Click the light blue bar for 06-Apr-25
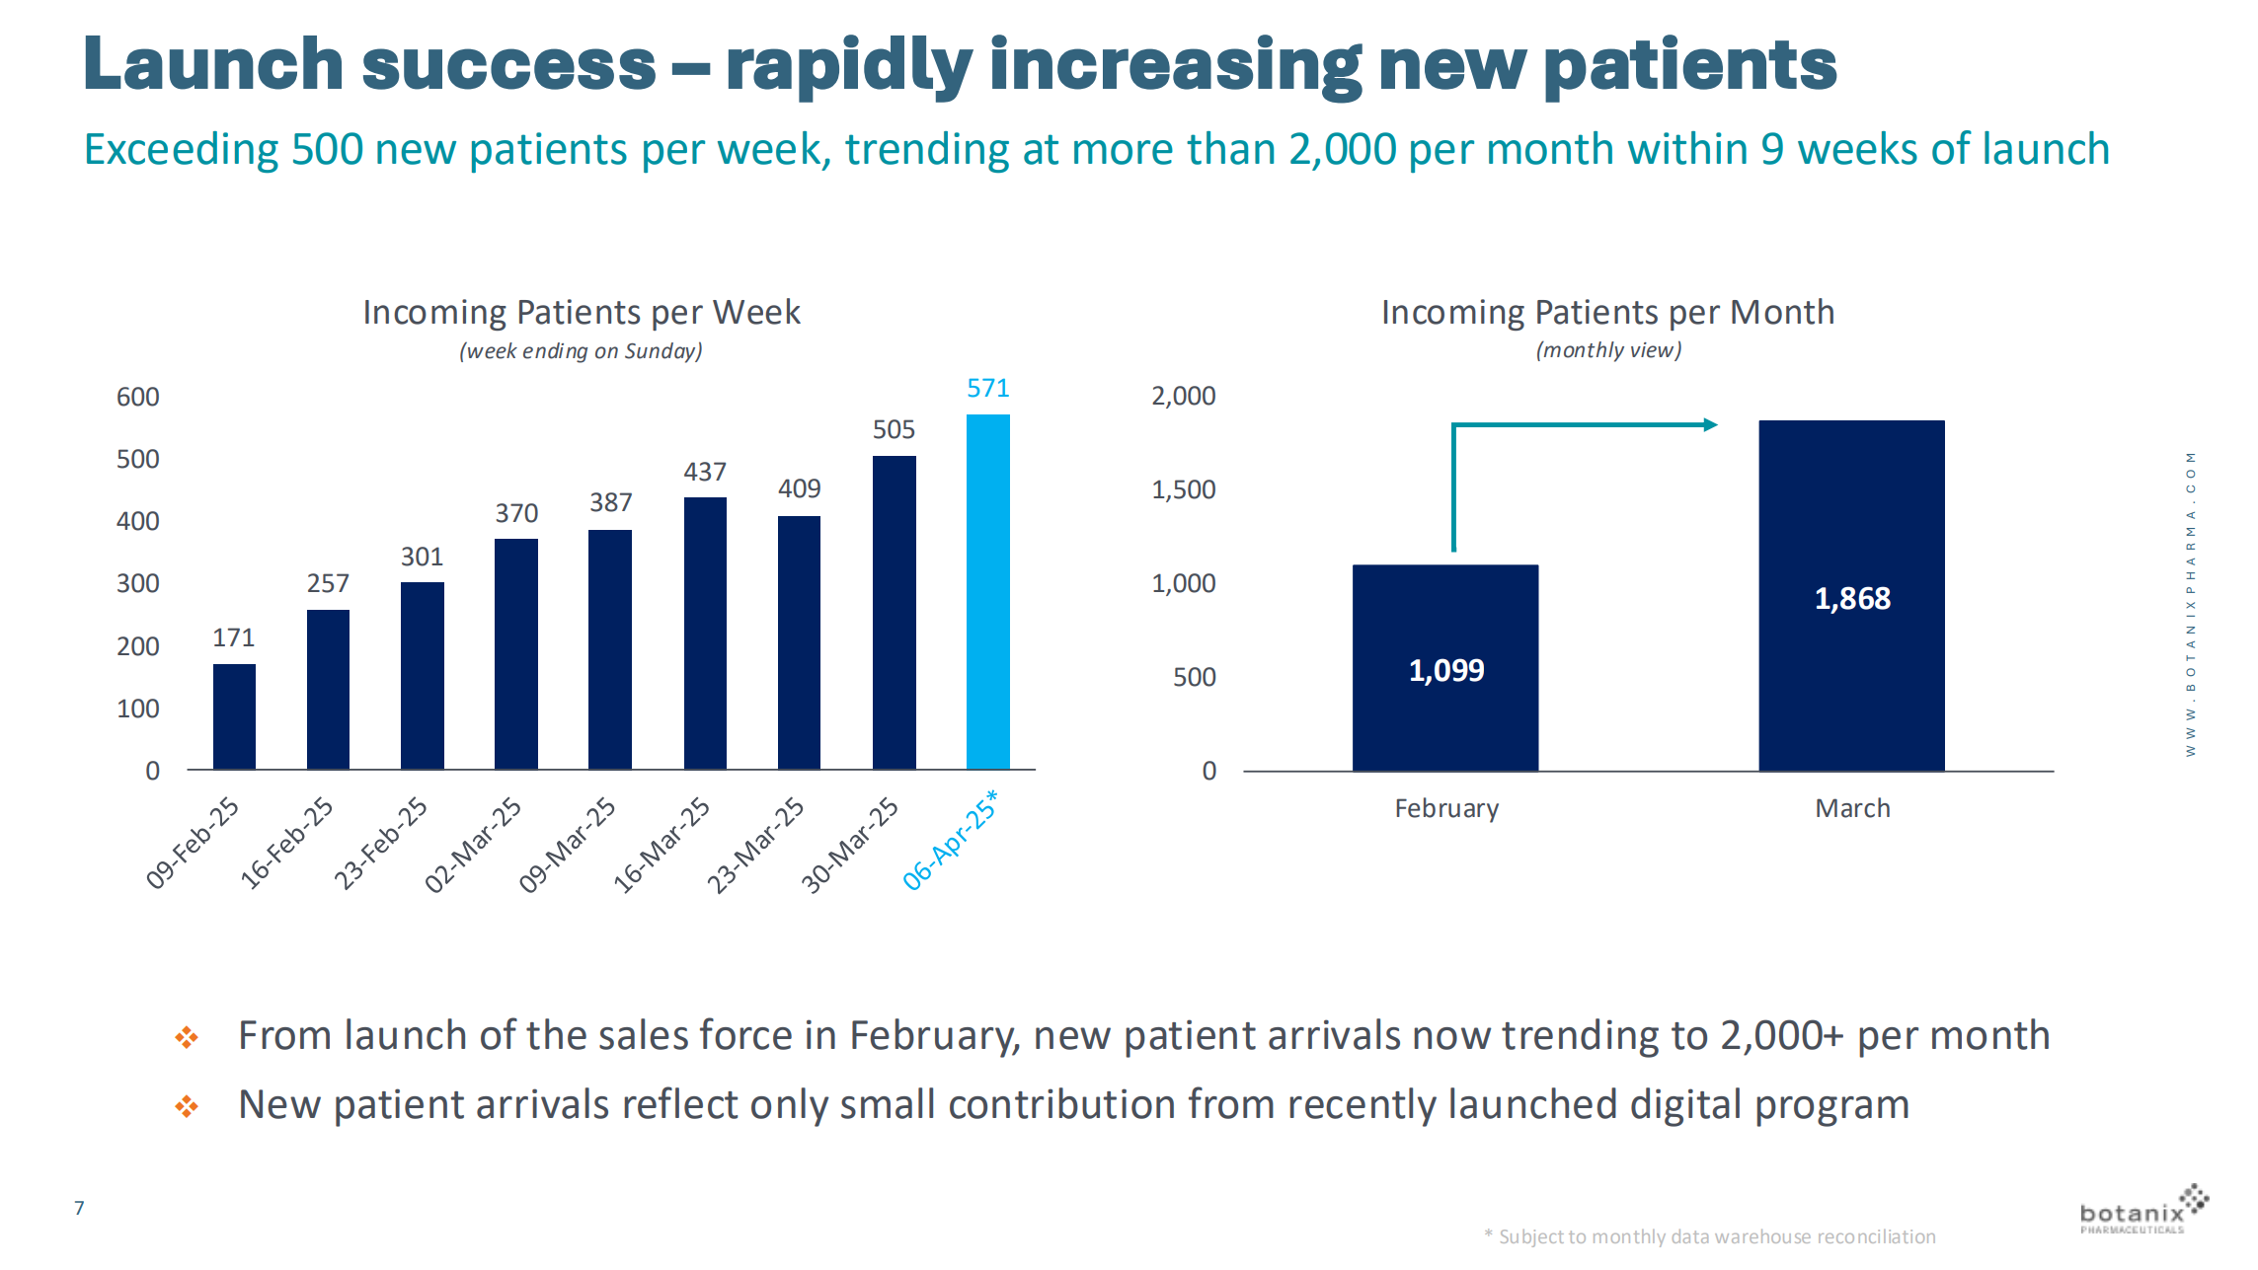pos(987,592)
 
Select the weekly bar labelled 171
pos(234,716)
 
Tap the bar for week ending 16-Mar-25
pos(705,634)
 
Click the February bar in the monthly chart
pos(1445,667)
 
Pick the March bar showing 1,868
pos(1851,595)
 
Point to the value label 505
pos(894,430)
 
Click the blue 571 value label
pos(987,389)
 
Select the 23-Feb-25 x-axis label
pos(381,844)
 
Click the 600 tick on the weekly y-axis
pos(137,397)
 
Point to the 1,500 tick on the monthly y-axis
pos(1183,489)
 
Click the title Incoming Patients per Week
pos(581,313)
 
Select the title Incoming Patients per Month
pos(1607,313)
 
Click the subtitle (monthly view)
pos(1608,350)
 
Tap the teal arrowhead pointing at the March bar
pos(1710,425)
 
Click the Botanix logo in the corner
pos(2142,1211)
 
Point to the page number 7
pos(79,1208)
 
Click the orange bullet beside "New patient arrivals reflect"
pos(187,1106)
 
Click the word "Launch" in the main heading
pos(212,65)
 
